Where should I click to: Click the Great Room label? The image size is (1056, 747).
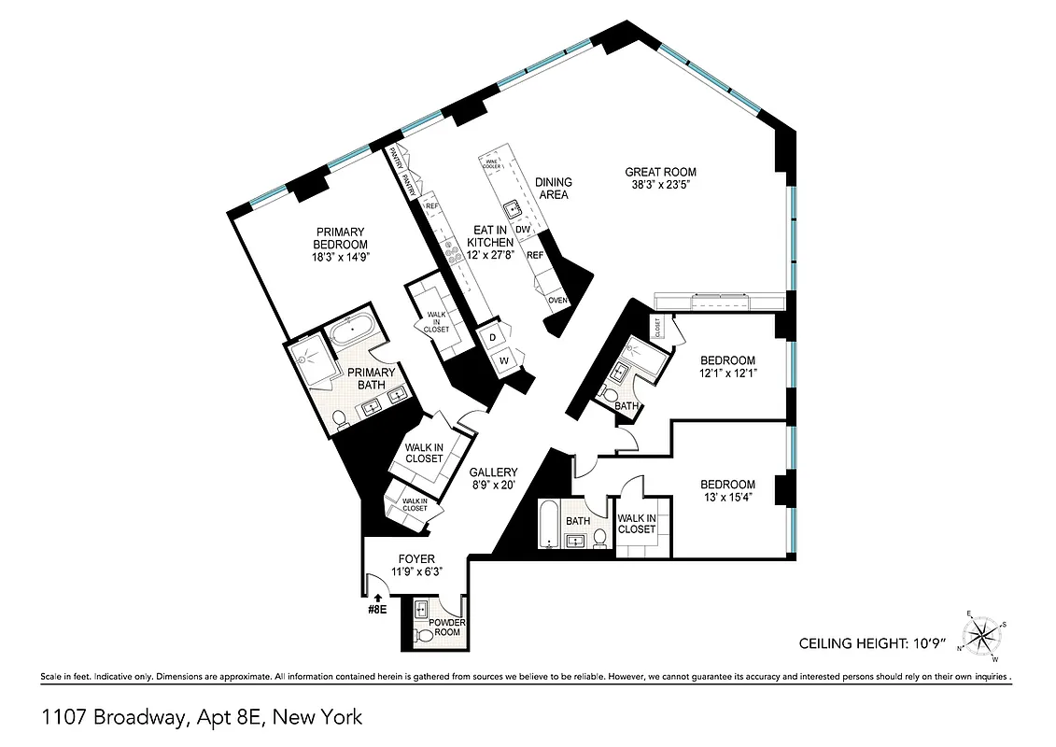(x=660, y=172)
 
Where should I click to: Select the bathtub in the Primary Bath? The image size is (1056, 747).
(x=352, y=330)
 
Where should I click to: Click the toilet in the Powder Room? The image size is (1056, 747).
(x=424, y=635)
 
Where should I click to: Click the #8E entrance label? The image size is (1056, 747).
(x=377, y=608)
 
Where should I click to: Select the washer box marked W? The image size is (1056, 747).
(x=502, y=359)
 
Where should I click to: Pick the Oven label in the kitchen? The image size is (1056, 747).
(x=558, y=300)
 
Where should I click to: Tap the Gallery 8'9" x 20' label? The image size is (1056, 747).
(x=493, y=479)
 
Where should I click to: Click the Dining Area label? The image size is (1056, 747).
(x=553, y=188)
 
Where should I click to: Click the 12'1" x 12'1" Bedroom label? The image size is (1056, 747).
(x=727, y=367)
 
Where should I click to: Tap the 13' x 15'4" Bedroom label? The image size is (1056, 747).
(x=727, y=490)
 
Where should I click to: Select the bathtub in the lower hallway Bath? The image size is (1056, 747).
(x=548, y=526)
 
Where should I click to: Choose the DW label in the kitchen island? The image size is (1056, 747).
(x=523, y=229)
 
